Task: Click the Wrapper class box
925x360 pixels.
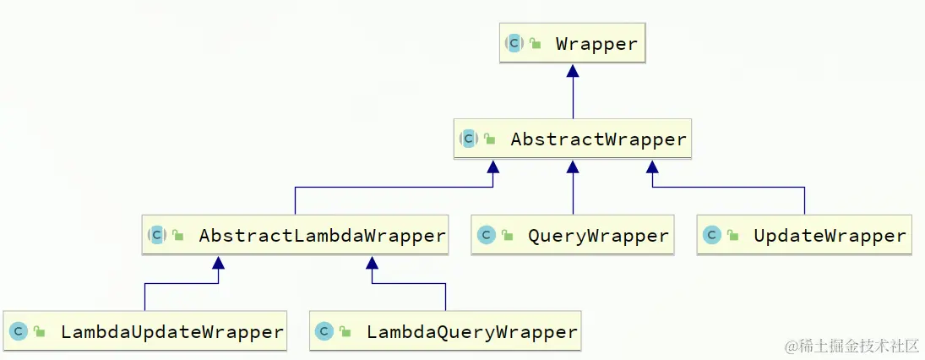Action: click(573, 44)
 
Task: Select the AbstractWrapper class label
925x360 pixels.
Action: click(598, 139)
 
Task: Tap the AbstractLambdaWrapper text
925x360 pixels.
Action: click(322, 236)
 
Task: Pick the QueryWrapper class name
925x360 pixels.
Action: click(598, 236)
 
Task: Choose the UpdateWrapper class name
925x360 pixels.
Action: click(830, 236)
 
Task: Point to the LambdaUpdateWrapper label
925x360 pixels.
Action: click(171, 332)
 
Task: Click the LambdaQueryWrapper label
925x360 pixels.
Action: click(472, 332)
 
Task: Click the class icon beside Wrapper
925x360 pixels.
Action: click(514, 43)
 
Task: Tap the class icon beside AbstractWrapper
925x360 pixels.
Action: click(469, 139)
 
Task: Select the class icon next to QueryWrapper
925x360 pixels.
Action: click(485, 236)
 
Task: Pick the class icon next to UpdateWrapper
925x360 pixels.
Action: click(711, 236)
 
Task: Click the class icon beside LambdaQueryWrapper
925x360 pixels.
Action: click(324, 332)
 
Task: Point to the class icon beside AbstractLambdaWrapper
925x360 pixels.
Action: click(156, 236)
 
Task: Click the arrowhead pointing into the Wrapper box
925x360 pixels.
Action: click(573, 71)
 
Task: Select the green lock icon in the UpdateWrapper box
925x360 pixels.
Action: click(733, 236)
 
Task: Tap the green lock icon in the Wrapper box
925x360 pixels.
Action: click(536, 44)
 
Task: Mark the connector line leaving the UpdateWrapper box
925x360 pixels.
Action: click(804, 201)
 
